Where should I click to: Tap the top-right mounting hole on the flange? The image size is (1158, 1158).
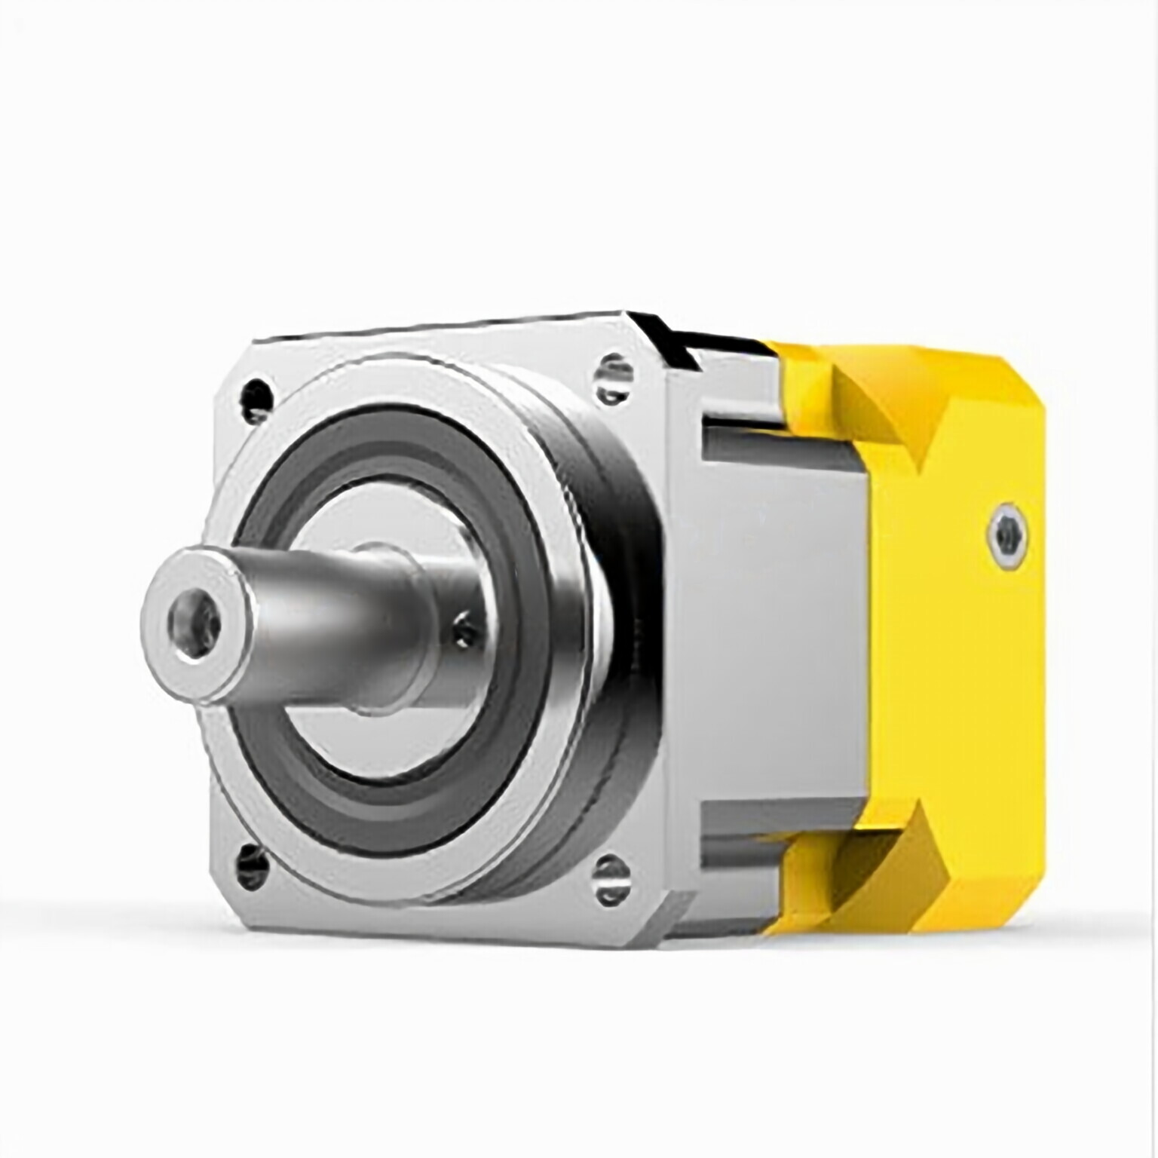tap(612, 372)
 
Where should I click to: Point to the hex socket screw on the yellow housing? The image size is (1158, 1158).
tap(1006, 533)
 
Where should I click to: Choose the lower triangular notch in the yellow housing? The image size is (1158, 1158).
tap(882, 867)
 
